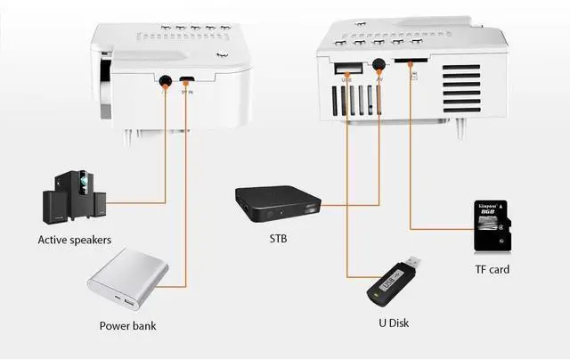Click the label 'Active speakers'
click(x=74, y=239)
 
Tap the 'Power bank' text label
click(x=128, y=325)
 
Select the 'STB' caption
click(x=278, y=239)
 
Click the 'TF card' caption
click(x=492, y=268)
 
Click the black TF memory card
click(x=490, y=226)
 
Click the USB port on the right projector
click(x=347, y=68)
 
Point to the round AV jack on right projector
click(x=380, y=65)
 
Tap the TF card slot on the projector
click(x=411, y=64)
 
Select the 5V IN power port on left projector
click(x=187, y=79)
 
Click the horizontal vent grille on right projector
click(x=461, y=89)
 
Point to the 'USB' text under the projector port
click(x=346, y=80)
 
